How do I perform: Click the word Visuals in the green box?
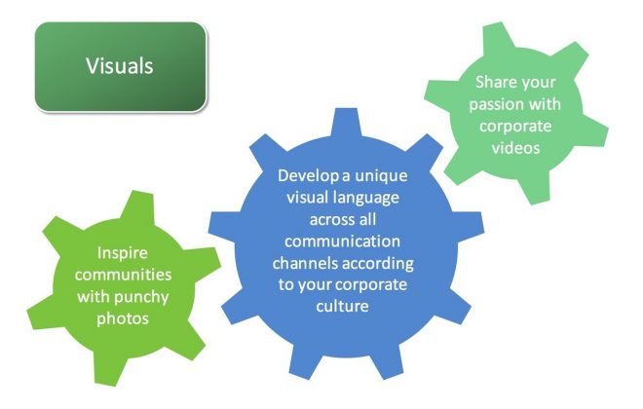click(119, 66)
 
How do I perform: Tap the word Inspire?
click(122, 253)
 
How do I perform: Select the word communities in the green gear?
click(123, 275)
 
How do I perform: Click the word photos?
click(123, 318)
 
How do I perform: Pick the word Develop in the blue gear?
click(309, 176)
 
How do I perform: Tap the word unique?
click(381, 176)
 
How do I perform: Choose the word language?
click(365, 199)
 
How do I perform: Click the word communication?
click(342, 242)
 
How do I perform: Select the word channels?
click(306, 263)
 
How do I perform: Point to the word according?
click(378, 264)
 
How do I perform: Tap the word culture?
click(342, 306)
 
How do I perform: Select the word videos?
click(516, 148)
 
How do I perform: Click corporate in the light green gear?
click(515, 127)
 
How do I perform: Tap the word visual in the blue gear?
click(307, 198)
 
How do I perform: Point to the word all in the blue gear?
click(367, 219)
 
